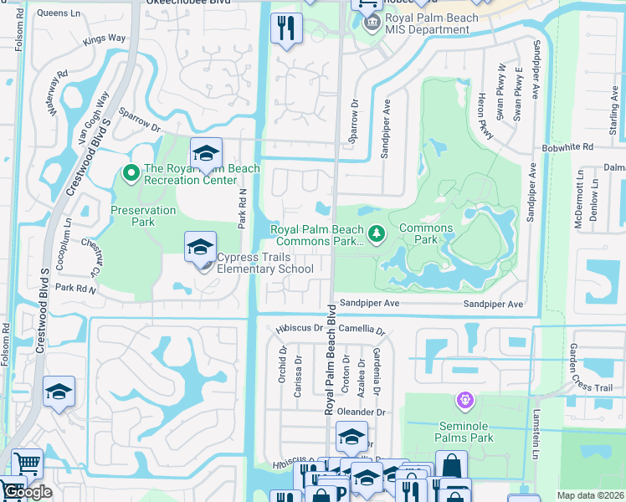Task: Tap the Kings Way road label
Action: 104,38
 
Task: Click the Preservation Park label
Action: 143,216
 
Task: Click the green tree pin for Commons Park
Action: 377,234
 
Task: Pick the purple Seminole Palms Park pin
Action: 464,402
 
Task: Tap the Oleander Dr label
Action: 362,412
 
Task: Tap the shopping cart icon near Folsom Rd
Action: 28,462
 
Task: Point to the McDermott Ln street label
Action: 578,204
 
